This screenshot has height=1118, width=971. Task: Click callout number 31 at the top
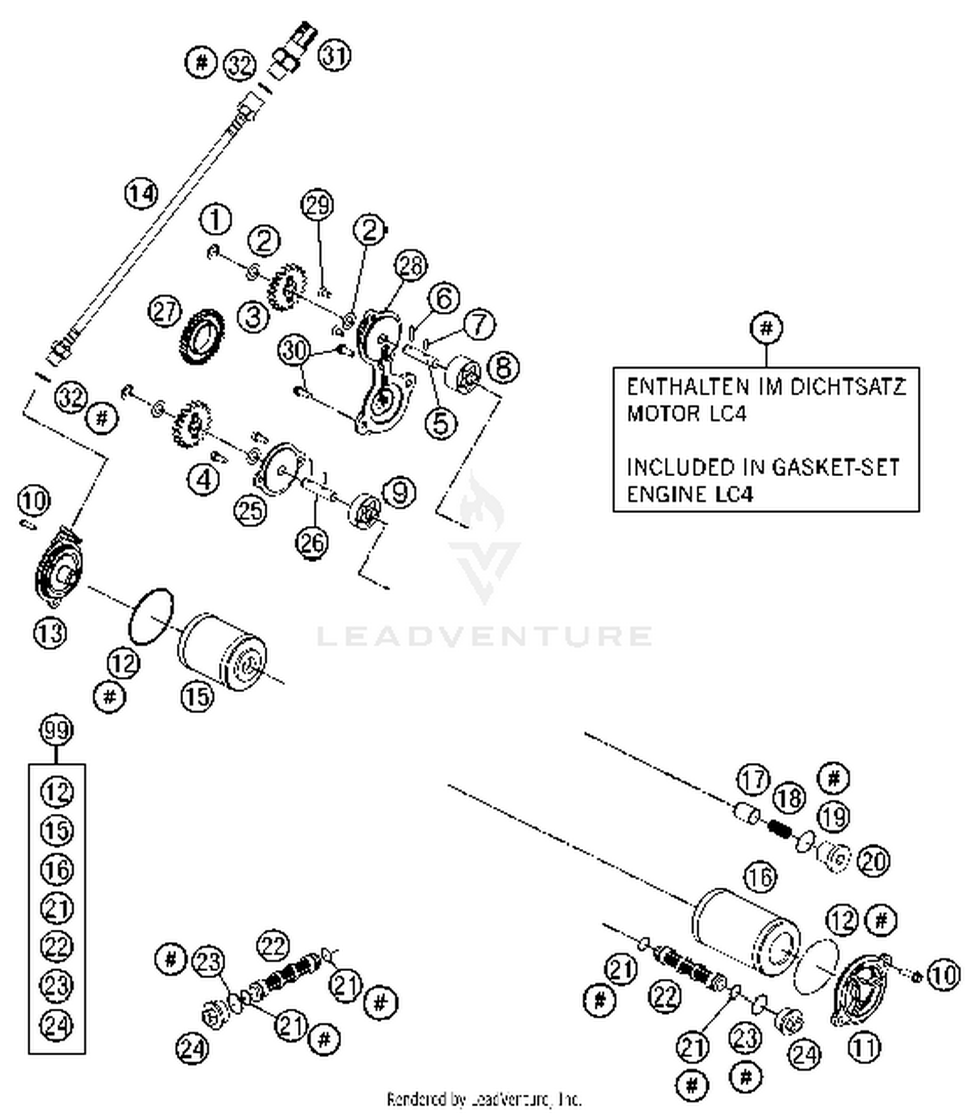[x=334, y=56]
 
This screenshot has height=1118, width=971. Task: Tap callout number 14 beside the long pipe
[x=141, y=193]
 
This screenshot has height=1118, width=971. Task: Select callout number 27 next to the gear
[x=164, y=312]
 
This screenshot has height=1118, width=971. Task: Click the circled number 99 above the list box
[x=56, y=732]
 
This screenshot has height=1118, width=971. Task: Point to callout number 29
[x=317, y=206]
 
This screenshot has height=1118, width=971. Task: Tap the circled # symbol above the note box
[x=766, y=328]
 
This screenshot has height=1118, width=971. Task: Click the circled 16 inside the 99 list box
[x=56, y=869]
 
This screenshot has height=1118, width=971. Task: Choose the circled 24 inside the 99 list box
[x=56, y=1024]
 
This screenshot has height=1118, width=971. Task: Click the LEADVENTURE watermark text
[x=484, y=635]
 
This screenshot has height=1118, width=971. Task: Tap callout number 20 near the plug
[x=873, y=861]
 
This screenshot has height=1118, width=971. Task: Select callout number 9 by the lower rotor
[x=399, y=492]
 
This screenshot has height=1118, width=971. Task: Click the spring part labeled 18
[x=780, y=829]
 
